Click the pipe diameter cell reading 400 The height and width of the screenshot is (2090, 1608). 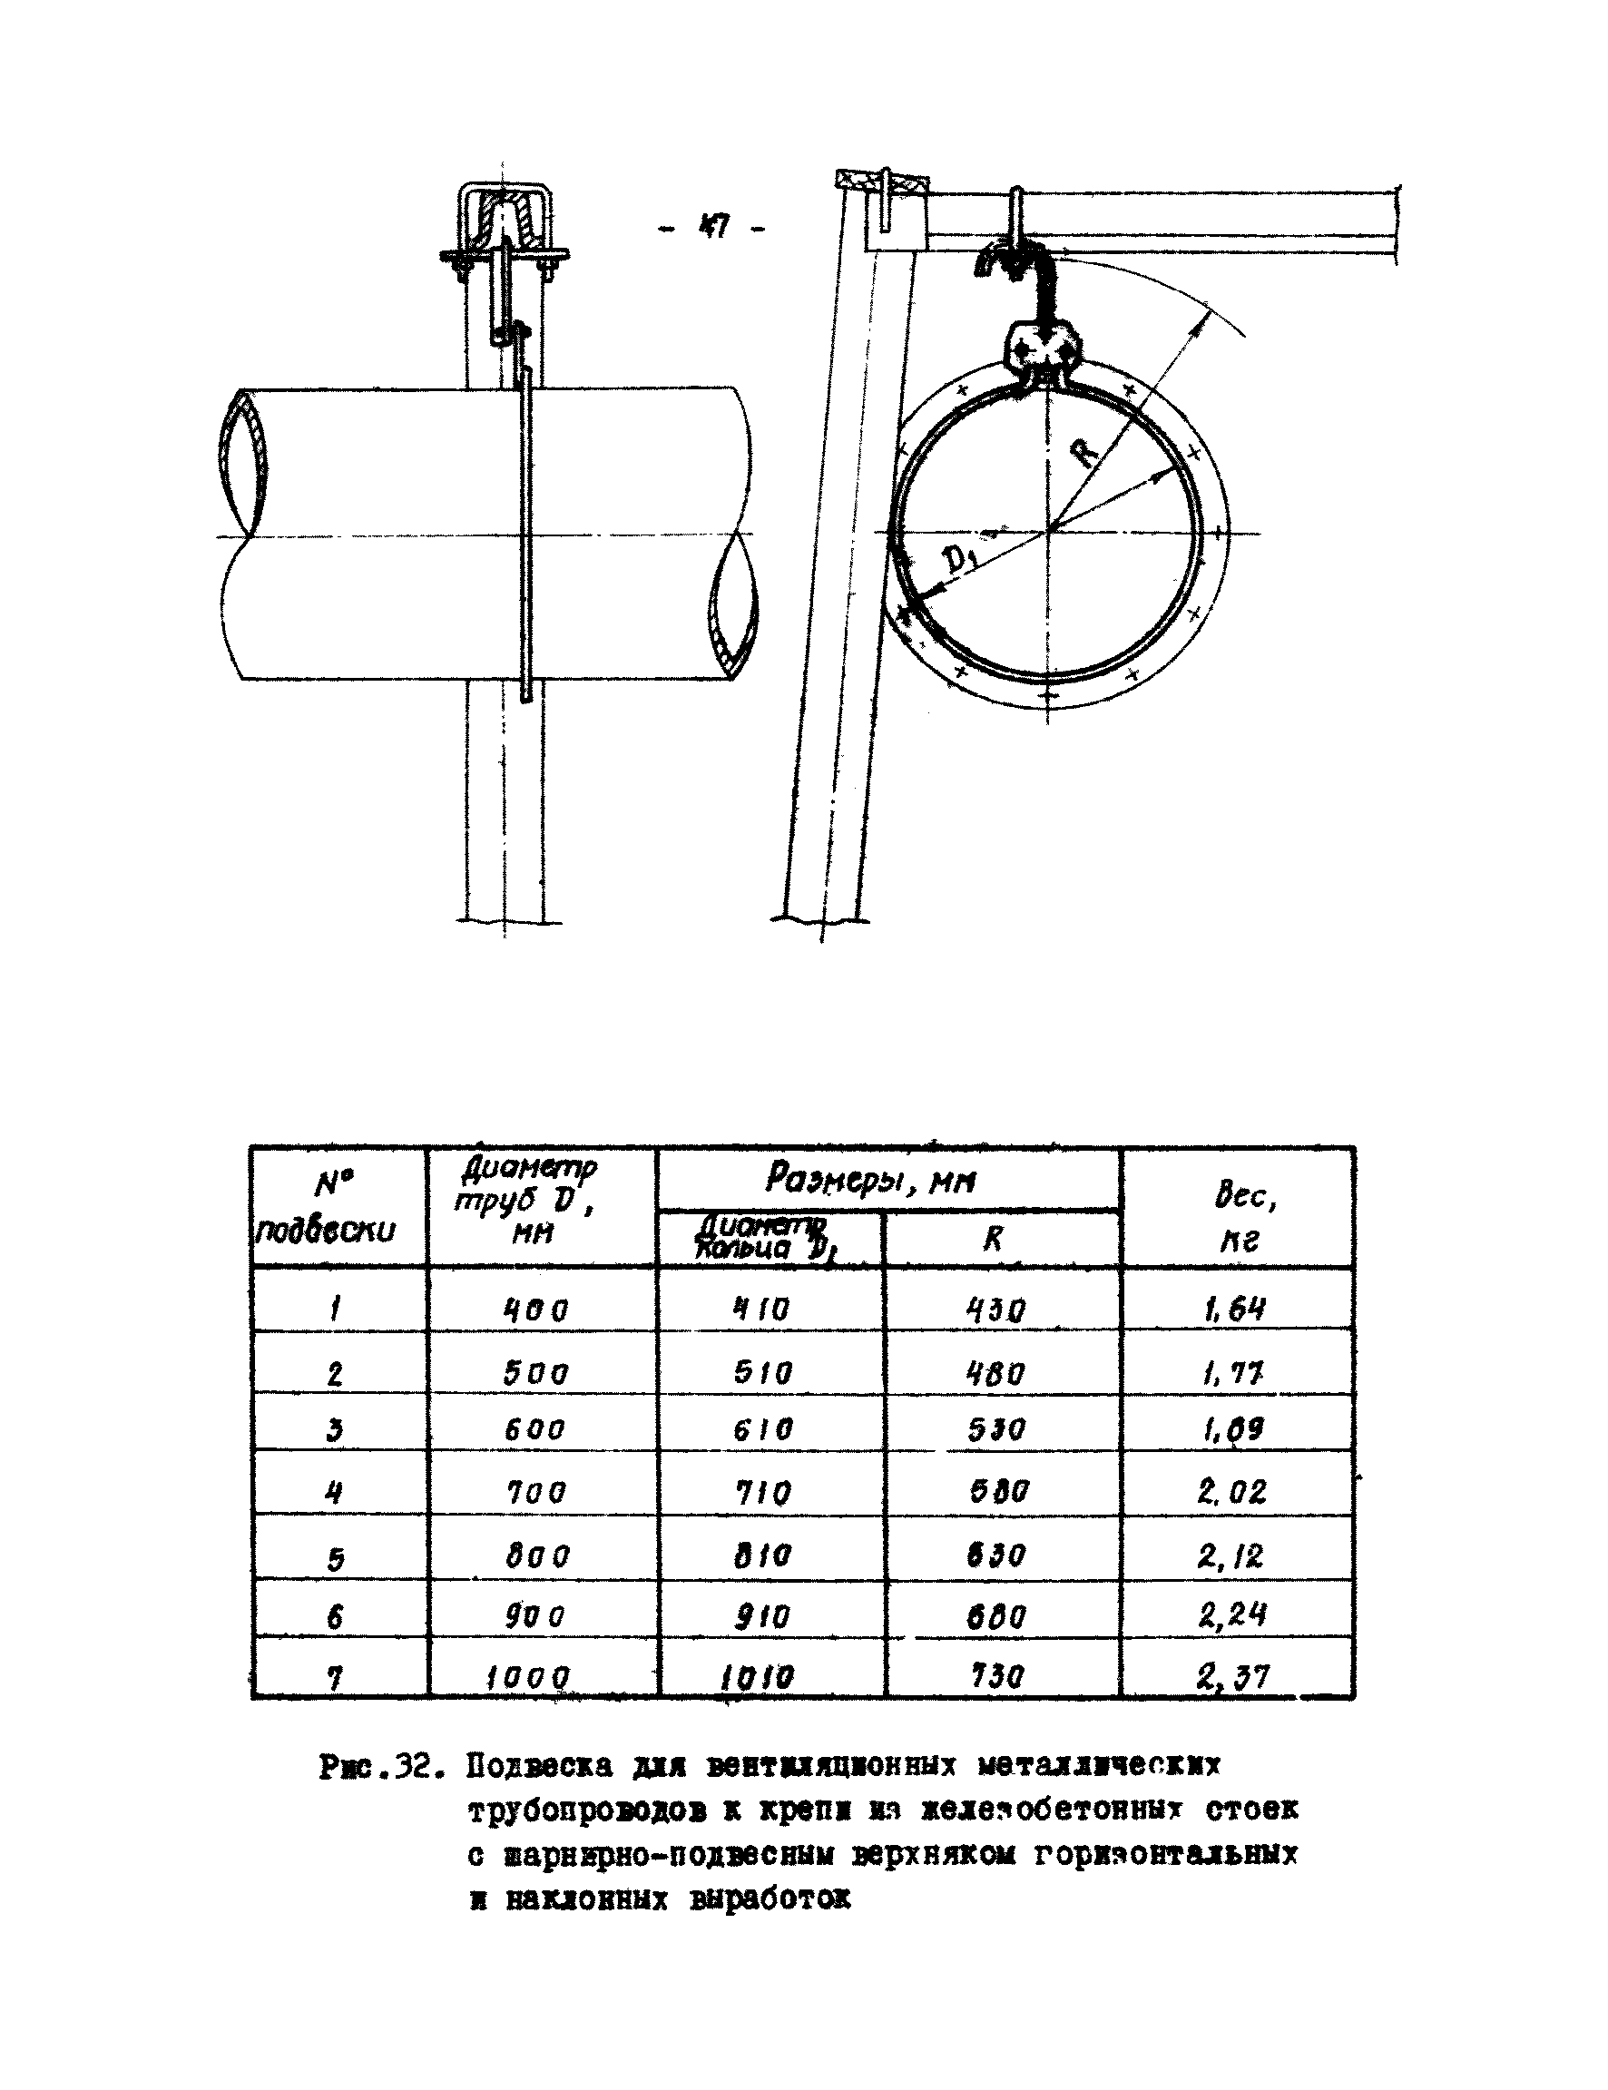click(x=536, y=1308)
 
